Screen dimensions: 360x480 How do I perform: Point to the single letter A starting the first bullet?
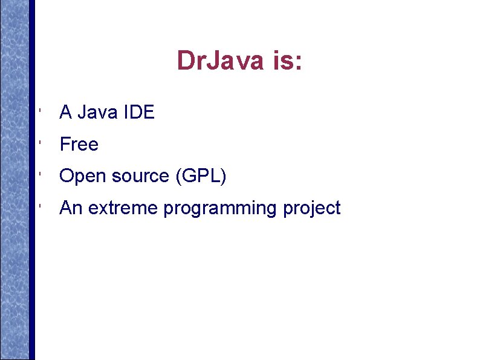65,112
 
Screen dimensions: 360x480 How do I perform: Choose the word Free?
79,144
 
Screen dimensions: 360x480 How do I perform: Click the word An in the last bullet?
71,208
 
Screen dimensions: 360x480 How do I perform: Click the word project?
311,208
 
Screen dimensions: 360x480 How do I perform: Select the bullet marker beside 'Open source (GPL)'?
39,175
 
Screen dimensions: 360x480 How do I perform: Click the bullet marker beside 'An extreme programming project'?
39,208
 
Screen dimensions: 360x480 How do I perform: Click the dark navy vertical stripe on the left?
32,182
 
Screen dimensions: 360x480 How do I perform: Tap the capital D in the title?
184,61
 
